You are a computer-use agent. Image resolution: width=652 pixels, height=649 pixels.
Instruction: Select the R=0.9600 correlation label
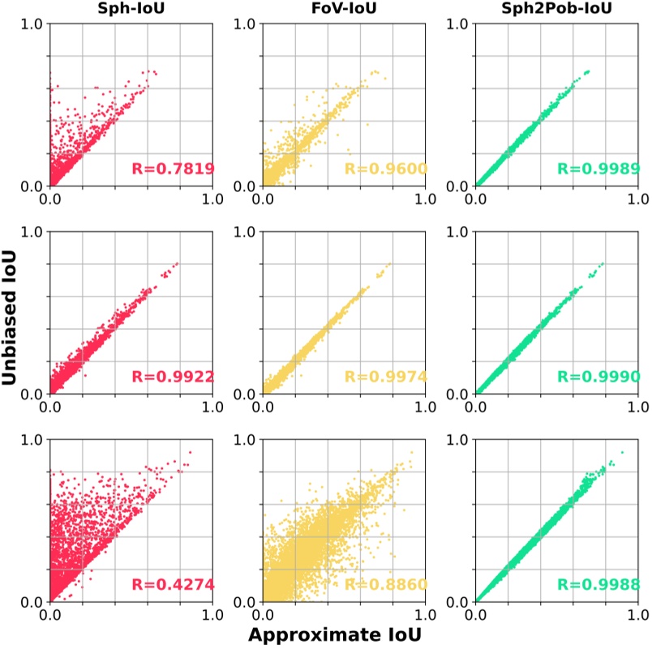(x=385, y=169)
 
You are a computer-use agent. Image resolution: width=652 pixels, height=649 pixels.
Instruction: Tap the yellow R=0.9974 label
(x=385, y=378)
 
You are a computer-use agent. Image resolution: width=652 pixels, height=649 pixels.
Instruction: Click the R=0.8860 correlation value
(x=385, y=586)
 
